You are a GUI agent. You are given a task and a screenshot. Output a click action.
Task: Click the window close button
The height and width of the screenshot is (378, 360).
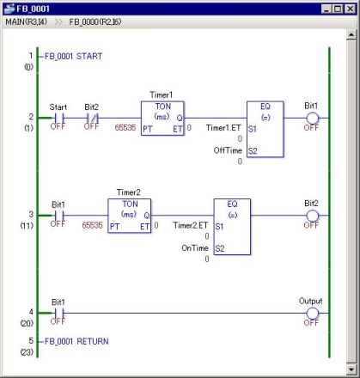[x=350, y=9]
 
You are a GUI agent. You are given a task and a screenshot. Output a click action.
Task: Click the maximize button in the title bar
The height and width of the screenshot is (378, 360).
[x=338, y=9]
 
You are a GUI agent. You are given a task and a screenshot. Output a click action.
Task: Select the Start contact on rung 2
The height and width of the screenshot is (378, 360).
[x=58, y=118]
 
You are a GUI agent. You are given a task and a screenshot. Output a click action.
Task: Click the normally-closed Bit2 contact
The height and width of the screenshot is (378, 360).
[x=92, y=118]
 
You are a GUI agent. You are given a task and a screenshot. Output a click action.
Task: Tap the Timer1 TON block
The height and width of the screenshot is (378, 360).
[x=162, y=119]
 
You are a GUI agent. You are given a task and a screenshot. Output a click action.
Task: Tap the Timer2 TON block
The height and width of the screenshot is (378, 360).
[x=130, y=216]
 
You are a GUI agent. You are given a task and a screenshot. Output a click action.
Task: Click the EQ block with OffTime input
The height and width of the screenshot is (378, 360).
[x=265, y=129]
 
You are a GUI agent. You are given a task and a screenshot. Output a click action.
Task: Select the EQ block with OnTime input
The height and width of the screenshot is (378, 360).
[x=232, y=227]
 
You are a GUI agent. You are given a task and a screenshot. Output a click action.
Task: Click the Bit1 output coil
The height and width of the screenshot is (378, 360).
[x=312, y=118]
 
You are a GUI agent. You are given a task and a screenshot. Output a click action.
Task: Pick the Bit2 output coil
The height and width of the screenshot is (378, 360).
[x=312, y=216]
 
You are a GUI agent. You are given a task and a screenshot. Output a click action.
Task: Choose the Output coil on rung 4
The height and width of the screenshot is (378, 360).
[x=312, y=313]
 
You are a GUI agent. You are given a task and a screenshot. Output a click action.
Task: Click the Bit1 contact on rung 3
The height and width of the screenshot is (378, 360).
[x=58, y=216]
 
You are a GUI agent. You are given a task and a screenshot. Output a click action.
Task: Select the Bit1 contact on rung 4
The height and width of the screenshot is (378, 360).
[x=58, y=313]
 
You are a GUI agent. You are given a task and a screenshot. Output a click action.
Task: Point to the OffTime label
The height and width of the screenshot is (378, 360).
[x=228, y=150]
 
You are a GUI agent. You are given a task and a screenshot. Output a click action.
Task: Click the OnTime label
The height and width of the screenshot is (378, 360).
[x=195, y=247]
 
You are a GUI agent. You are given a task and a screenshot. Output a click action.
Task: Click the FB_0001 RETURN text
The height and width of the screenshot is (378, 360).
[x=76, y=341]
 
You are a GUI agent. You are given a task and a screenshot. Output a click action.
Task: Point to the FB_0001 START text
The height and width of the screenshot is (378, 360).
[x=74, y=56]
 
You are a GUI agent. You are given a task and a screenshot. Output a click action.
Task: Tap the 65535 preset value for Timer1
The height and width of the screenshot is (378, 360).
[x=125, y=127]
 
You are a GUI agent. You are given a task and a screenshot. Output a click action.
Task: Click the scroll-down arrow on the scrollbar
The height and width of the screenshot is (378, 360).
[x=351, y=369]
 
